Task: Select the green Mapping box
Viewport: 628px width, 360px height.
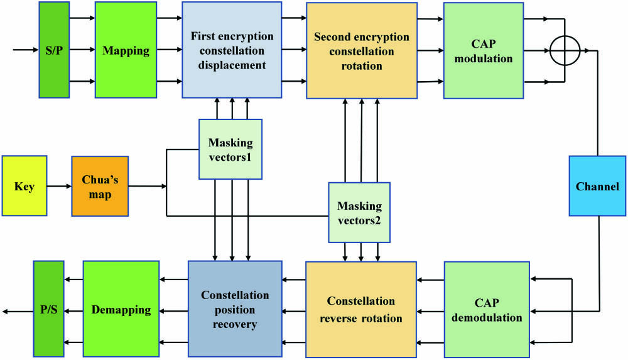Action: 126,50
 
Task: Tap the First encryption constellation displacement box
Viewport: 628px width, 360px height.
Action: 231,50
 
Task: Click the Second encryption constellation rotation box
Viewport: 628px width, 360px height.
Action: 362,51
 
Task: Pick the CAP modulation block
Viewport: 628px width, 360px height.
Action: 484,50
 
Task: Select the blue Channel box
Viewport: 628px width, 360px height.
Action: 597,186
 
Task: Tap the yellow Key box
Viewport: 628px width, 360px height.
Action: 24,187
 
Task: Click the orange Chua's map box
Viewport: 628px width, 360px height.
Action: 100,187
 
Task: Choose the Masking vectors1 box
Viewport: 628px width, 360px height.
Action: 230,150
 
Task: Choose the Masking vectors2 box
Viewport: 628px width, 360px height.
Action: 359,213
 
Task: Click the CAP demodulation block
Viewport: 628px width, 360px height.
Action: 487,309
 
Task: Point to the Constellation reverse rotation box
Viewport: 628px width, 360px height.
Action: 361,309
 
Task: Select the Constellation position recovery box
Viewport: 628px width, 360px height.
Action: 235,309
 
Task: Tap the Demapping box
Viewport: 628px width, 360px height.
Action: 121,309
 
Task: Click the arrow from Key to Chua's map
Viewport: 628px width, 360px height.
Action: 59,187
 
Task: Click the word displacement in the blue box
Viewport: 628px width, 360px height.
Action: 231,65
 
